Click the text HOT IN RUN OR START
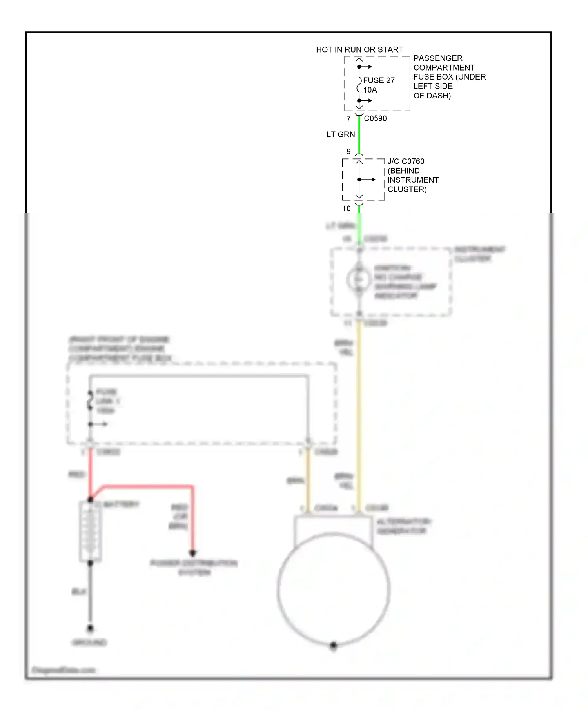pos(359,50)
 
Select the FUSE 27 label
pos(379,80)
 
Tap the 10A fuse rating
pos(370,90)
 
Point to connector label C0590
pos(375,118)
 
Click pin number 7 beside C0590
pos(348,118)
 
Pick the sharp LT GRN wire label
pos(341,134)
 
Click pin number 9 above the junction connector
pos(348,151)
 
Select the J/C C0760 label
pos(406,161)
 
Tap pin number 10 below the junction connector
pos(347,209)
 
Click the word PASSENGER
pos(438,58)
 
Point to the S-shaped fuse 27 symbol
pos(359,84)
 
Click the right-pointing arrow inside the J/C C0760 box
pos(371,180)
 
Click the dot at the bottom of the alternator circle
pos(334,645)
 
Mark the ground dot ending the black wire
pos(90,628)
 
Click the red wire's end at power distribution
pos(192,553)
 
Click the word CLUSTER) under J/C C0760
pos(407,189)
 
